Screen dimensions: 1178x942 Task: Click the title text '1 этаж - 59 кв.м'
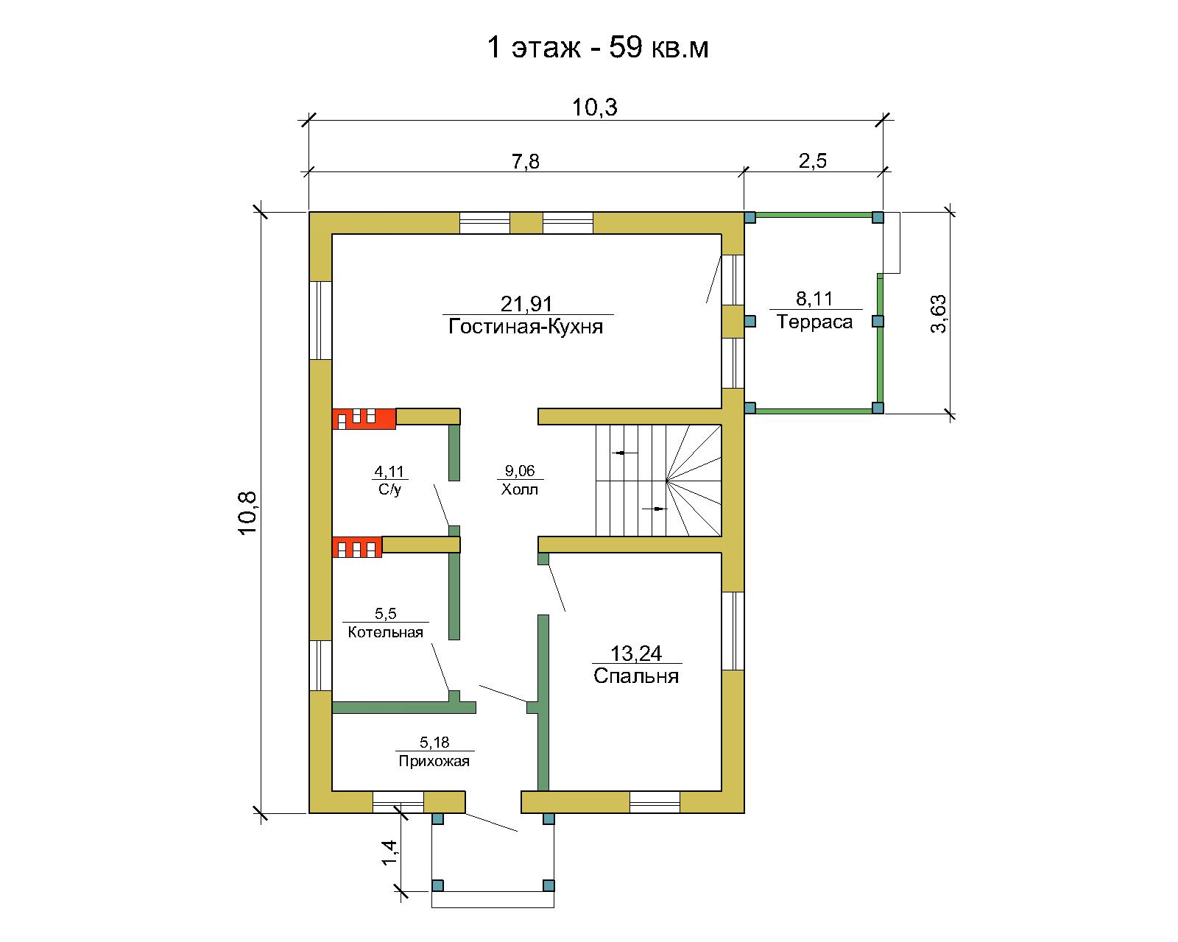point(598,47)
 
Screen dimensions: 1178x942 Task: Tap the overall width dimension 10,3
point(594,107)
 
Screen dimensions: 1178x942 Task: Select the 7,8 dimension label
point(526,161)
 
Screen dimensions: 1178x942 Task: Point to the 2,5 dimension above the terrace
point(812,161)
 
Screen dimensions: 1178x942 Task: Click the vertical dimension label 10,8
point(247,513)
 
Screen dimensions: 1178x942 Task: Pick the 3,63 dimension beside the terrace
point(938,314)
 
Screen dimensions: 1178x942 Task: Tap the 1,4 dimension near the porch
point(389,852)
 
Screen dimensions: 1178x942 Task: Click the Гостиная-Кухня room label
point(526,327)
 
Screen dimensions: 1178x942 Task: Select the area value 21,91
point(526,303)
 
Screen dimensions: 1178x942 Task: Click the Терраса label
point(814,322)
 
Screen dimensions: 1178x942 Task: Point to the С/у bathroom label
point(389,489)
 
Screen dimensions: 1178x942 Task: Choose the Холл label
point(520,489)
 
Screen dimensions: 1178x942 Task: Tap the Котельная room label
point(385,632)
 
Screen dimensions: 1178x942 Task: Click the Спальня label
point(636,676)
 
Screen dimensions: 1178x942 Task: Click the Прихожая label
point(434,761)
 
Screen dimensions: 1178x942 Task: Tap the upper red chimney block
point(364,419)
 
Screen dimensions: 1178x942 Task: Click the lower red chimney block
point(357,548)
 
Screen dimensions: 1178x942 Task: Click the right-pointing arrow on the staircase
point(655,509)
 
